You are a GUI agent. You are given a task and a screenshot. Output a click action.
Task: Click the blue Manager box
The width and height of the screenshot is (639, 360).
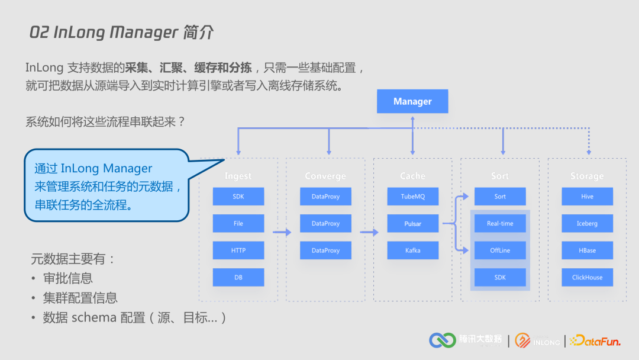pyautogui.click(x=412, y=101)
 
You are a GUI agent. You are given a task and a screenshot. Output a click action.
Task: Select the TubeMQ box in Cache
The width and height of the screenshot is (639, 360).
pyautogui.click(x=412, y=197)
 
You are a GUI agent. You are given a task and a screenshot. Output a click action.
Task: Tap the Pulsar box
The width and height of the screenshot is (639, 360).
pyautogui.click(x=412, y=223)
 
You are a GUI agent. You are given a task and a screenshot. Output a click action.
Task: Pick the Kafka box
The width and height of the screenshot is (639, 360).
pyautogui.click(x=412, y=250)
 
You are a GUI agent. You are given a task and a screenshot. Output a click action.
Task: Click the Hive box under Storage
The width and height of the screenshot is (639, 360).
pyautogui.click(x=587, y=197)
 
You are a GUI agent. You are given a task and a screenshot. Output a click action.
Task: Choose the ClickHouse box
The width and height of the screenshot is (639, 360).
pyautogui.click(x=587, y=277)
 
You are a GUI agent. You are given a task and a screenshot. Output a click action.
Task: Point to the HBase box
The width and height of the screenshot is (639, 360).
pyautogui.click(x=587, y=250)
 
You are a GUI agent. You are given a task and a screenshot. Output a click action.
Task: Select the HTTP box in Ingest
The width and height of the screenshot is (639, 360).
pyautogui.click(x=238, y=250)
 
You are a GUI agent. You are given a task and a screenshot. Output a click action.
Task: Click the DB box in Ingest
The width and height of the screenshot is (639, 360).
pyautogui.click(x=238, y=277)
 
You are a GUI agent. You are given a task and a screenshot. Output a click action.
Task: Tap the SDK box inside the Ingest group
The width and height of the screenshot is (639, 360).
pyautogui.click(x=238, y=197)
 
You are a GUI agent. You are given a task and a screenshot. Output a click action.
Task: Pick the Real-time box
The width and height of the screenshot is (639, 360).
pyautogui.click(x=500, y=223)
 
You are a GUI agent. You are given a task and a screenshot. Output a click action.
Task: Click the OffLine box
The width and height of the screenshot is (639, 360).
pyautogui.click(x=500, y=250)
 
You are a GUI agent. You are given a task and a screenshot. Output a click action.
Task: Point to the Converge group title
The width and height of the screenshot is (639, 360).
pyautogui.click(x=325, y=176)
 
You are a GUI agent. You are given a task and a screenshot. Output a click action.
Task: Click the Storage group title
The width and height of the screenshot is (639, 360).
pyautogui.click(x=587, y=176)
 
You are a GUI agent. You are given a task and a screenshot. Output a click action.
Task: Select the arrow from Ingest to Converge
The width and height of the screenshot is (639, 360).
pyautogui.click(x=282, y=232)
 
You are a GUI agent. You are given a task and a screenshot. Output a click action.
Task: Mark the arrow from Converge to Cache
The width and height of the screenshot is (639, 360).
pyautogui.click(x=369, y=232)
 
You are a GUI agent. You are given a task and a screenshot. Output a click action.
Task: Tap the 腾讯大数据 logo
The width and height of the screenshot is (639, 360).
pyautogui.click(x=466, y=340)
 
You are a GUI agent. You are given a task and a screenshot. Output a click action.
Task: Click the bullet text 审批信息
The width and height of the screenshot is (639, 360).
pyautogui.click(x=68, y=278)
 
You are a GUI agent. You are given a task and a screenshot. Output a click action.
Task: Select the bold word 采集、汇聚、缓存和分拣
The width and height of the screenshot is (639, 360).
pyautogui.click(x=188, y=68)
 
